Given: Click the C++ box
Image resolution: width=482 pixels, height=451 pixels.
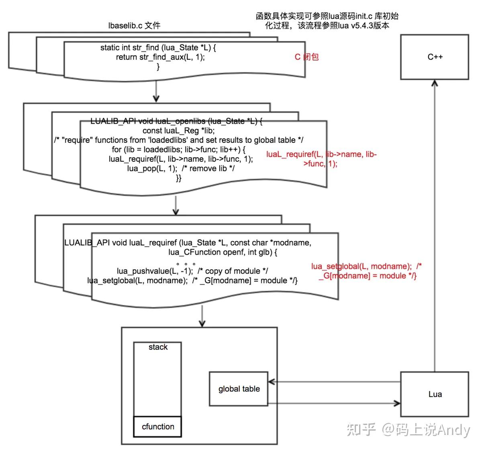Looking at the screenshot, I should point(435,57).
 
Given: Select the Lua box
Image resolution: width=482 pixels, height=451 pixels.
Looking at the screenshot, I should point(435,394).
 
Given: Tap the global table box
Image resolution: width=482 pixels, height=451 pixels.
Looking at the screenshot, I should point(239,389).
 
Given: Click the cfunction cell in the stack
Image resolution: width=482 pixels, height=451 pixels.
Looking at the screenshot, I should point(158,427).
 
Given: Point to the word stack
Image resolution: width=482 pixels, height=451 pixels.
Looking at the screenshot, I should point(158,347).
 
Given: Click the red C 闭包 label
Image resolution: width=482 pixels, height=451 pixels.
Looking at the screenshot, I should point(306,57).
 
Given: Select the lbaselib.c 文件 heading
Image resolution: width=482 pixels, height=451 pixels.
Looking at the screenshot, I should point(134,26).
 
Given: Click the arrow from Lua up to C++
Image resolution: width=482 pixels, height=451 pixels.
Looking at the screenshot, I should point(435,225).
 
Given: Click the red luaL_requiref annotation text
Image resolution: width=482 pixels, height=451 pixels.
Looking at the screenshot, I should point(321,159).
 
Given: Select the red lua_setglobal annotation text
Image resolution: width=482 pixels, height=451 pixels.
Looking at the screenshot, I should point(367,271).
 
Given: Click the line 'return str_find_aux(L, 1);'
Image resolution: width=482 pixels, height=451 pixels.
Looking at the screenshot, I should point(160,57).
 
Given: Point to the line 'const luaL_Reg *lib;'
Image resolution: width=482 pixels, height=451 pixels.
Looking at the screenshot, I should point(179,131).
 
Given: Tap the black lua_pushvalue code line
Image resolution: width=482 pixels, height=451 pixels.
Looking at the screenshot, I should point(192,271).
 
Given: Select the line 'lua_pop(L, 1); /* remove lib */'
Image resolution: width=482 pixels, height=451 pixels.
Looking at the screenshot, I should point(181,169).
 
